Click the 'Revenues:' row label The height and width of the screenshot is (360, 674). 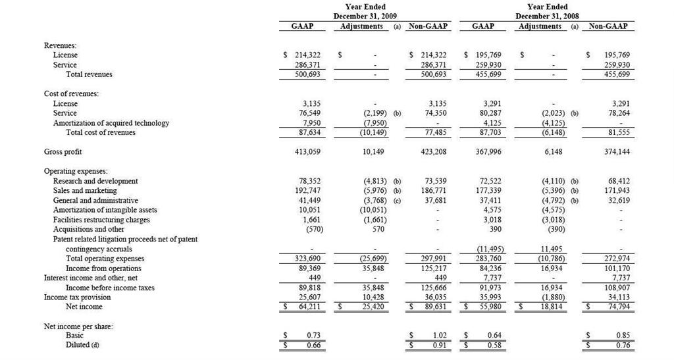point(59,45)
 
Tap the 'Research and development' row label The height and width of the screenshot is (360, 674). point(95,181)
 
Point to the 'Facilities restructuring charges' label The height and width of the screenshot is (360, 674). point(101,220)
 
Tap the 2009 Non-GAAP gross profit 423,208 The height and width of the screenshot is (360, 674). point(432,152)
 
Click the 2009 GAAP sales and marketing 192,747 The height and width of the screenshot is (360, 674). point(307,191)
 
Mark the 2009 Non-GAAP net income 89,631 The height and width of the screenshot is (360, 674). point(434,307)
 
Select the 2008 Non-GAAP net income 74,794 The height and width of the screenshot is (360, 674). point(617,307)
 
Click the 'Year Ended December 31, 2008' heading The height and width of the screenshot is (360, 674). point(548,11)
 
